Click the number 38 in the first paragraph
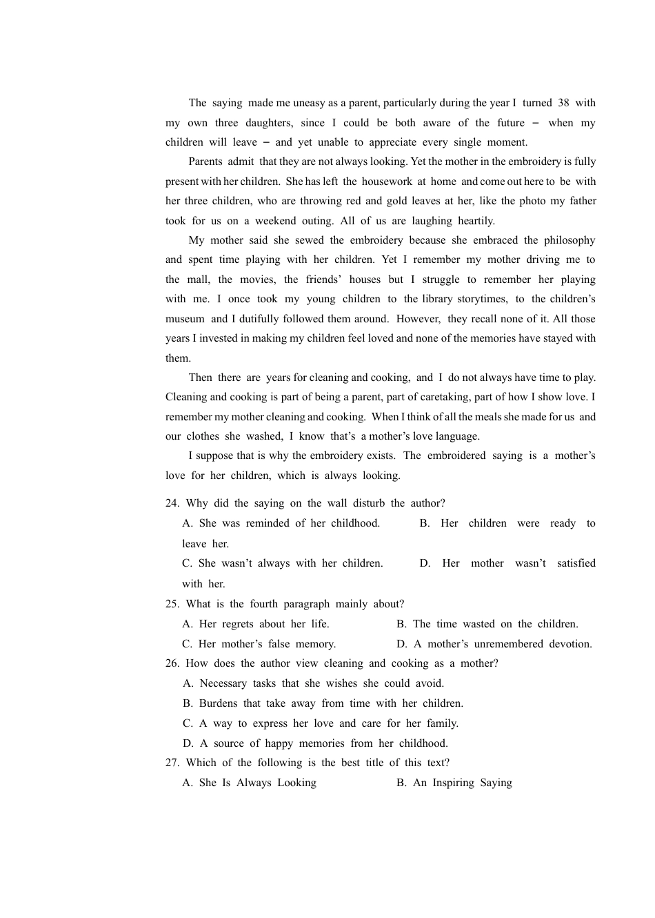pyautogui.click(x=563, y=103)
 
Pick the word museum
pyautogui.click(x=185, y=319)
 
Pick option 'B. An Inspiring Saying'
pyautogui.click(x=454, y=783)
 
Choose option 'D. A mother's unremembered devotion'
pyautogui.click(x=494, y=644)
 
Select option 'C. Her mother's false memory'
pyautogui.click(x=259, y=644)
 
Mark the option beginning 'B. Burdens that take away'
pyautogui.click(x=323, y=703)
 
